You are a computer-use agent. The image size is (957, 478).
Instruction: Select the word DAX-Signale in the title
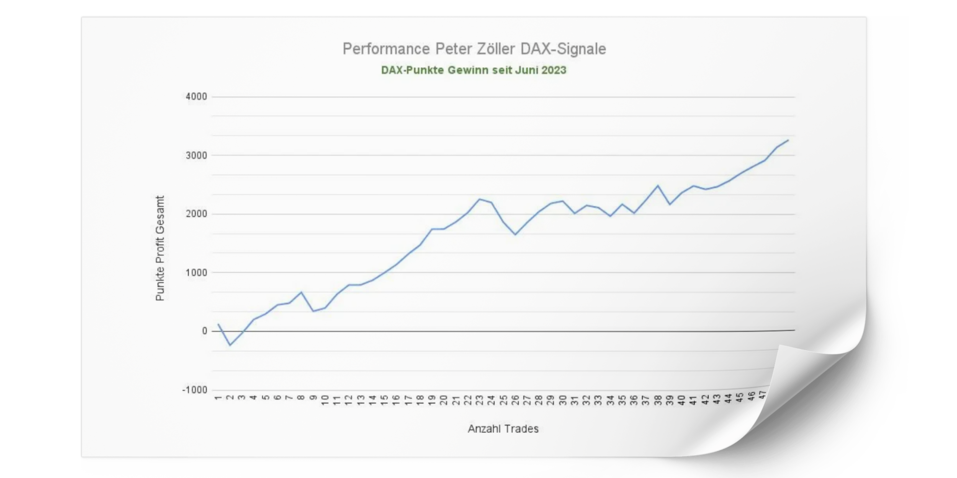pyautogui.click(x=563, y=49)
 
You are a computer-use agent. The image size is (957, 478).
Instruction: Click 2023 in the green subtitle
pyautogui.click(x=554, y=70)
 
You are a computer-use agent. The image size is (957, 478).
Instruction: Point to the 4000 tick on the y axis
pyautogui.click(x=196, y=97)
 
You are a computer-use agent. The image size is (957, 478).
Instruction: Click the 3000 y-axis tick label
pyautogui.click(x=196, y=155)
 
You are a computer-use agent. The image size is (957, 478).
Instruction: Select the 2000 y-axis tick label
pyautogui.click(x=196, y=214)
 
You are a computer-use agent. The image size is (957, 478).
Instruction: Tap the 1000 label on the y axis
pyautogui.click(x=196, y=273)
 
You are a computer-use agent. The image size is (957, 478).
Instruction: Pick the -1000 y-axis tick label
pyautogui.click(x=194, y=390)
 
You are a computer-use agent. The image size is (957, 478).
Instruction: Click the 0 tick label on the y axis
pyautogui.click(x=204, y=331)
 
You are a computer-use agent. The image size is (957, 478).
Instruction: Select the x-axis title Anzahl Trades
pyautogui.click(x=503, y=429)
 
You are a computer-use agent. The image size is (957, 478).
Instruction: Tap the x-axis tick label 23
pyautogui.click(x=480, y=400)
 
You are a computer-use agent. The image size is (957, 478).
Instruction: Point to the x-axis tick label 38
pyautogui.click(x=658, y=400)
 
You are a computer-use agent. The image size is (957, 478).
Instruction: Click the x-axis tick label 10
pyautogui.click(x=325, y=400)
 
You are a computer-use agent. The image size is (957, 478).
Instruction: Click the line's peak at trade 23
pyautogui.click(x=480, y=199)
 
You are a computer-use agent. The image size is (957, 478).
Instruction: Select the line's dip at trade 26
pyautogui.click(x=515, y=235)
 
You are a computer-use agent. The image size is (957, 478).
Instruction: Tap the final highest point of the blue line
pyautogui.click(x=788, y=140)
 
